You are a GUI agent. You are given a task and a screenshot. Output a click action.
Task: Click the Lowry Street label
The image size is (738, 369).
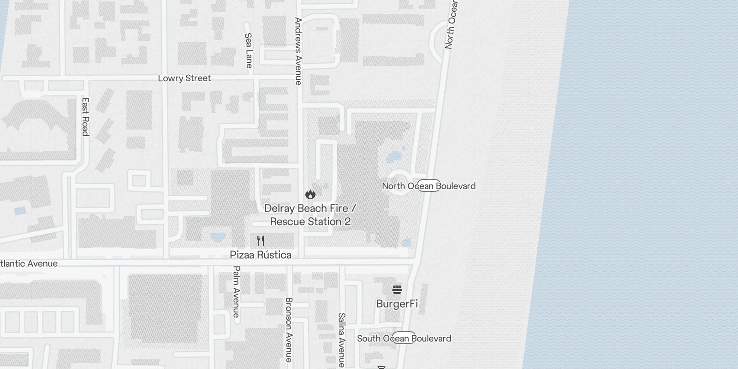tap(184, 78)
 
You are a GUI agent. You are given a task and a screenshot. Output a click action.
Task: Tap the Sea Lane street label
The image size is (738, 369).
tap(249, 50)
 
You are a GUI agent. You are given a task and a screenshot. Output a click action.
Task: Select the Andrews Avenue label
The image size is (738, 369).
tap(298, 51)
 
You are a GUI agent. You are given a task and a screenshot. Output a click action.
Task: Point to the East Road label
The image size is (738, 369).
tap(85, 117)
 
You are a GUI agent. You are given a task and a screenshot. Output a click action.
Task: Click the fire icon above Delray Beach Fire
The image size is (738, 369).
tap(310, 194)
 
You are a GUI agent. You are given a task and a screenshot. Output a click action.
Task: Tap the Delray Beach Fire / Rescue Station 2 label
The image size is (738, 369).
tap(310, 215)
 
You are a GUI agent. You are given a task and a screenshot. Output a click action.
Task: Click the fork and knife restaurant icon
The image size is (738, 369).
tap(261, 241)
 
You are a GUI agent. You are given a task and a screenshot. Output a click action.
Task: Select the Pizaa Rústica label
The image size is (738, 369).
tap(261, 255)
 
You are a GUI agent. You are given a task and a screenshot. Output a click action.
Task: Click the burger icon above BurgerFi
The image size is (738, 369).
tap(397, 290)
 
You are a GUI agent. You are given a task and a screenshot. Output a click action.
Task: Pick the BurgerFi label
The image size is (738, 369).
tap(397, 304)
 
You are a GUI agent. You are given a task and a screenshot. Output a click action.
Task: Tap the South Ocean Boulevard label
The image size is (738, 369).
tap(404, 339)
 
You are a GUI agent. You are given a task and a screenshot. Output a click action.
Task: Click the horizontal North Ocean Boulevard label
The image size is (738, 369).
tap(429, 186)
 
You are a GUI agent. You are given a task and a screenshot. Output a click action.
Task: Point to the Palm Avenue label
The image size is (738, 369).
tap(236, 292)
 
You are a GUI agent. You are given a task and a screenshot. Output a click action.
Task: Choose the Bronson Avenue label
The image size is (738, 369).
tap(289, 329)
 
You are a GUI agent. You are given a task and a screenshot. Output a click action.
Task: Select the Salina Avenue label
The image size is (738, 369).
tap(341, 340)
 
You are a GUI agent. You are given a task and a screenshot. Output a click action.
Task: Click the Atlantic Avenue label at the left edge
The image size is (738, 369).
tap(29, 264)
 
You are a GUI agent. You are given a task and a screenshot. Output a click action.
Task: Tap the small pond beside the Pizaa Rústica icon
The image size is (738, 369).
tap(217, 238)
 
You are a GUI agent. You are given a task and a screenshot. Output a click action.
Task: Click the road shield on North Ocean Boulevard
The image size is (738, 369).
tap(429, 185)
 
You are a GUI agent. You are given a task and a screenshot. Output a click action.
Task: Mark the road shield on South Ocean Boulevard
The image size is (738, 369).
tap(404, 338)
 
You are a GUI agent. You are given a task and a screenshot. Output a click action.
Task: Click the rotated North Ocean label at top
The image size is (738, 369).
tap(451, 24)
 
